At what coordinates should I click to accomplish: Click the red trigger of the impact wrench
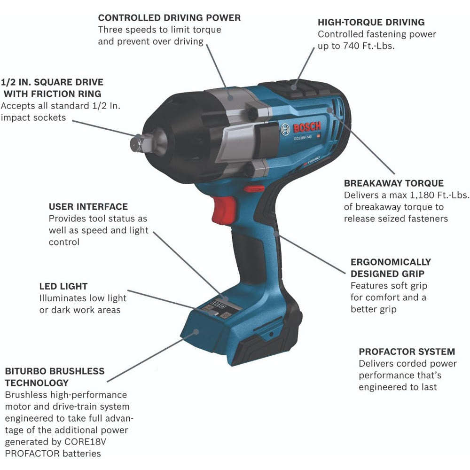(x=224, y=210)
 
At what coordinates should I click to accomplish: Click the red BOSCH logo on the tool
(x=307, y=127)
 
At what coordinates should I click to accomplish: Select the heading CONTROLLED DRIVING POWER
(x=169, y=18)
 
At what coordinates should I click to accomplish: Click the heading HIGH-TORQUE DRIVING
(x=371, y=22)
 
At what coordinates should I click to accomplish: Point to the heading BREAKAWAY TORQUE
(x=393, y=183)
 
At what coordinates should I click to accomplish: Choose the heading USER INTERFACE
(x=88, y=206)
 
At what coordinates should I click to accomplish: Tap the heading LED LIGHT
(x=63, y=286)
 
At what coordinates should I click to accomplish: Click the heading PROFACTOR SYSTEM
(x=407, y=352)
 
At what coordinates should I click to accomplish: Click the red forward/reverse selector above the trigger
(x=254, y=189)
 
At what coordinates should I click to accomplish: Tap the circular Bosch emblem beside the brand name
(x=285, y=130)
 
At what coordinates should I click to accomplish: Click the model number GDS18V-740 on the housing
(x=303, y=138)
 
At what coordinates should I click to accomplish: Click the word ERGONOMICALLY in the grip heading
(x=391, y=262)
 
